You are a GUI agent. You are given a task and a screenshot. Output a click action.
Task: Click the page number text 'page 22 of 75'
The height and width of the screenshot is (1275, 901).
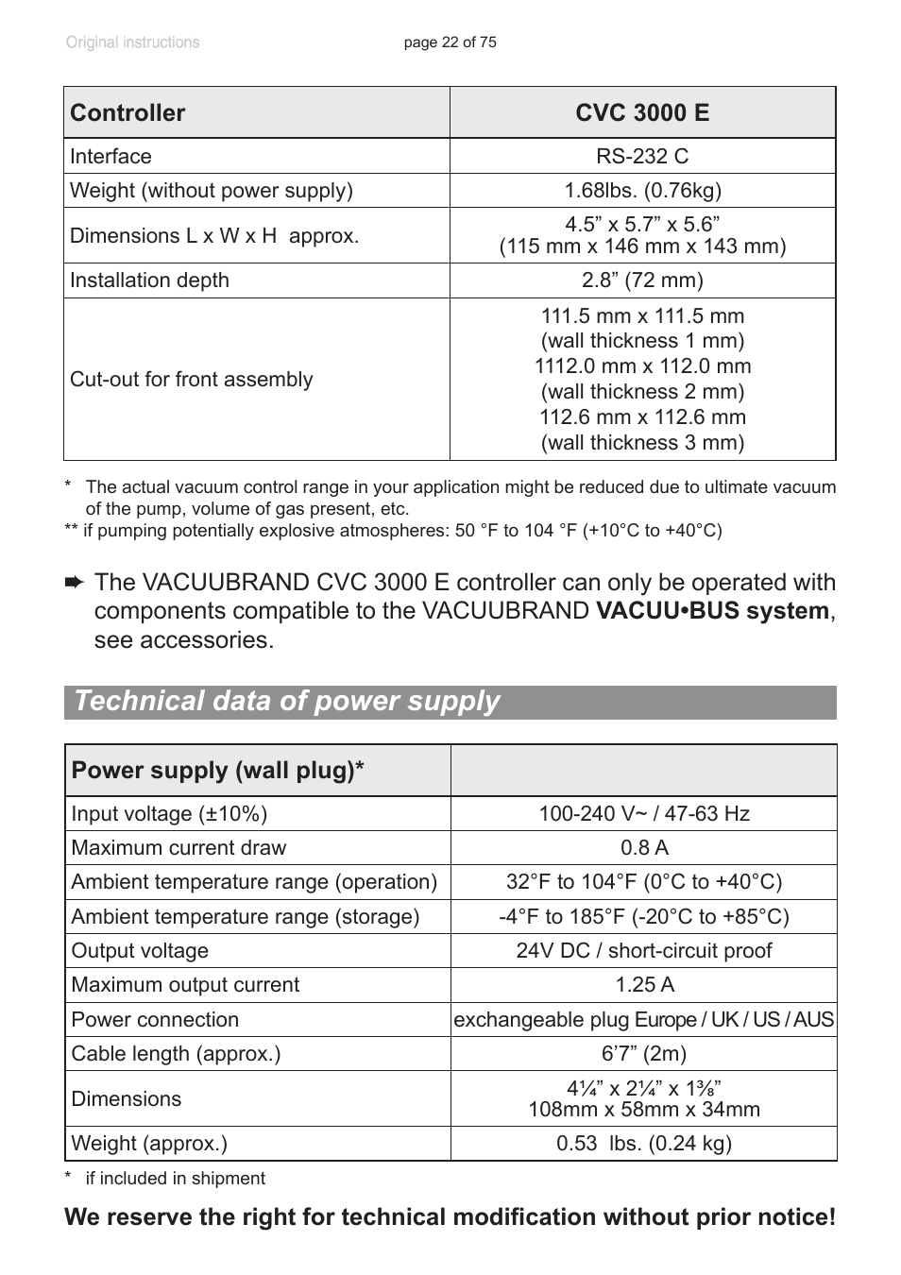coord(450,42)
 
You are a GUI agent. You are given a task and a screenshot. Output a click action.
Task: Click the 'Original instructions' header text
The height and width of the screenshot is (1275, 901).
coord(132,42)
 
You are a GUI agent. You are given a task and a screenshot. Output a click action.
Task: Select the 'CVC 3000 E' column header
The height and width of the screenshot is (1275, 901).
coord(642,113)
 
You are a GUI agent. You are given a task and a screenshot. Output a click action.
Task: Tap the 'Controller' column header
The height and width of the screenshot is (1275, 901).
coord(127,113)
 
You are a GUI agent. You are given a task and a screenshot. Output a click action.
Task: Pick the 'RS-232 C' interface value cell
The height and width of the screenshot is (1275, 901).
coord(642,157)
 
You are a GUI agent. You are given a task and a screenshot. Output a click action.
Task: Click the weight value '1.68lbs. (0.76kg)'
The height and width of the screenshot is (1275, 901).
coord(642,191)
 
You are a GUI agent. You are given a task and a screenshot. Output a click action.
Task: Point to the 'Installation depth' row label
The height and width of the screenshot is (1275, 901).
coord(149,280)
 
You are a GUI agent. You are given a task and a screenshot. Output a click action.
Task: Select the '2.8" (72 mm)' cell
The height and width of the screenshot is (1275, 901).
coord(642,280)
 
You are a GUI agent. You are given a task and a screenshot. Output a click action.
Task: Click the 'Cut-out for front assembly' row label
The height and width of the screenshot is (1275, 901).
coord(191,380)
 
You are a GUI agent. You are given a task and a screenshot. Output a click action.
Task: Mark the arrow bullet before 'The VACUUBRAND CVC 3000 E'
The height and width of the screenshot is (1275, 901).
coord(75,584)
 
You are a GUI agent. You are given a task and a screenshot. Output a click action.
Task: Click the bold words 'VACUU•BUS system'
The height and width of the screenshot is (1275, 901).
coord(712,611)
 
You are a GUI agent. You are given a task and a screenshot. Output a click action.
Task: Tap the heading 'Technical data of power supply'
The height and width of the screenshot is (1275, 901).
coord(287,702)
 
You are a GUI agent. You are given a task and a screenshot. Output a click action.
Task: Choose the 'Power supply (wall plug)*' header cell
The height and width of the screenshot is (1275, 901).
coord(217,771)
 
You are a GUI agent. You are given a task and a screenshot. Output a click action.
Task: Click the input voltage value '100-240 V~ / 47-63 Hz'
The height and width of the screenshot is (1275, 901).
coord(644,814)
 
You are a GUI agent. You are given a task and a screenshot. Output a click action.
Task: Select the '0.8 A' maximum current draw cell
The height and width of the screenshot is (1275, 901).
coord(644,848)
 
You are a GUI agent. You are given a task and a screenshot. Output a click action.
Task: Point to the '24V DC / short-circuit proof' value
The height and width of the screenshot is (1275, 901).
coord(644,951)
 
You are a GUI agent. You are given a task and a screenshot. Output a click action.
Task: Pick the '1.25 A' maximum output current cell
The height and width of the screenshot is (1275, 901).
coord(644,985)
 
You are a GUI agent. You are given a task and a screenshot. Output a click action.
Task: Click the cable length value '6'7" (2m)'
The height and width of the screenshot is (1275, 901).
coord(644,1054)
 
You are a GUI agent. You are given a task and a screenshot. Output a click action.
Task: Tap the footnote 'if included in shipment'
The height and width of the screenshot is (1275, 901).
coord(175,1179)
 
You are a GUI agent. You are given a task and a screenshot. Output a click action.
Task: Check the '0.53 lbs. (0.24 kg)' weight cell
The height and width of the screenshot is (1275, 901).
coord(644,1144)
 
